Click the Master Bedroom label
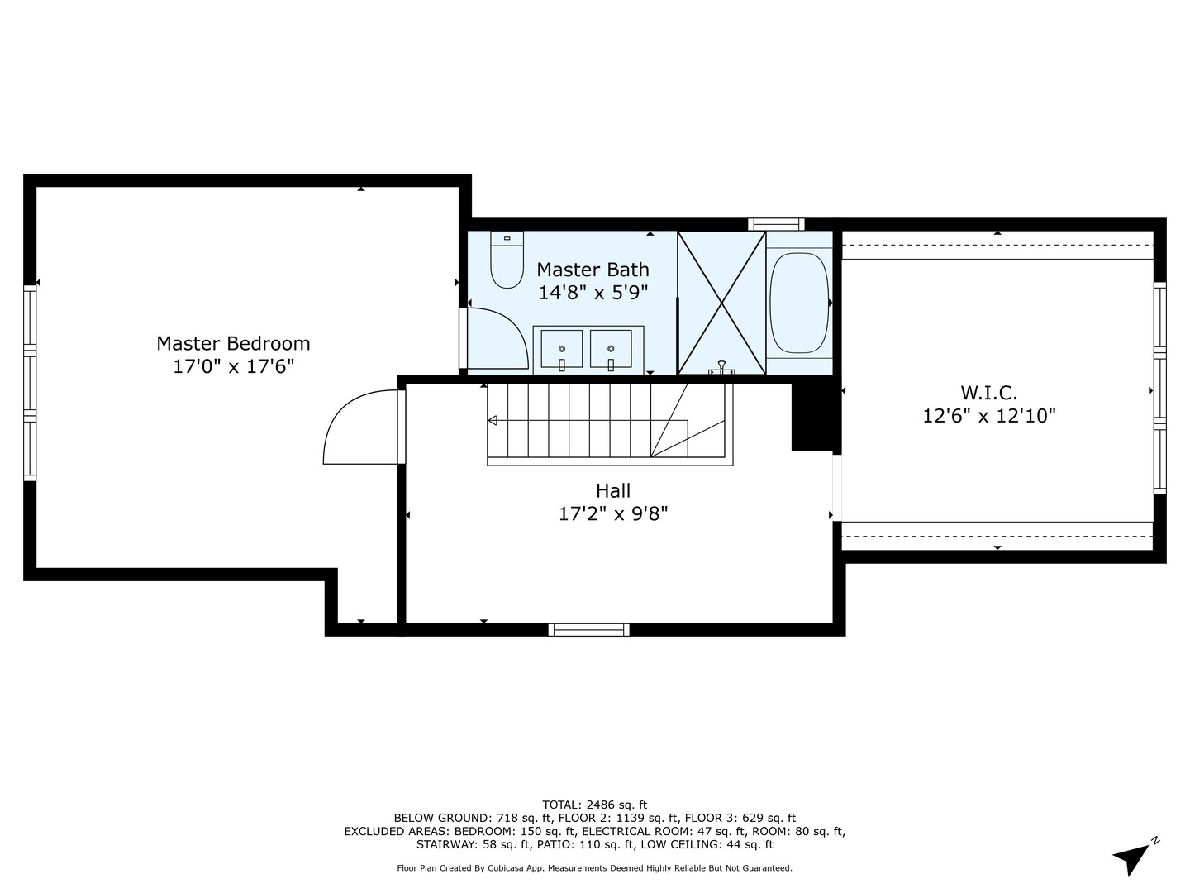(233, 343)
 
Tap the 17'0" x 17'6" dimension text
(233, 366)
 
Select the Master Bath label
(593, 270)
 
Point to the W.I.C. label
(988, 393)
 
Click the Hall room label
(612, 491)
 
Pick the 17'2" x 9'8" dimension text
(612, 514)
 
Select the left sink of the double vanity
(561, 349)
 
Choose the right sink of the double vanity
(611, 349)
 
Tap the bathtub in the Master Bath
(799, 303)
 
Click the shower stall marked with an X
(721, 303)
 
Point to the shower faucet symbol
(722, 367)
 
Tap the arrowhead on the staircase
(493, 421)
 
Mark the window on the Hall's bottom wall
(588, 630)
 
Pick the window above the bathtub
(776, 223)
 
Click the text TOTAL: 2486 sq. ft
(594, 805)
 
